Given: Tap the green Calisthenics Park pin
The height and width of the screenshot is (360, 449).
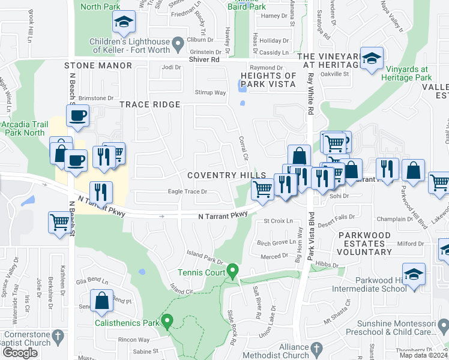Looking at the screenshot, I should (167, 322).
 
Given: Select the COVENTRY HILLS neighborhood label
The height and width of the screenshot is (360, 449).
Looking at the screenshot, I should (226, 175).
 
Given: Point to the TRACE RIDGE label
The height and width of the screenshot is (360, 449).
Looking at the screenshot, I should (149, 104).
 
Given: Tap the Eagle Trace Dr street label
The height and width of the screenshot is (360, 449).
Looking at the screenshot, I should (187, 192).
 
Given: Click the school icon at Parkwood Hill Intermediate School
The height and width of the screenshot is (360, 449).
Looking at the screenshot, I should (414, 275).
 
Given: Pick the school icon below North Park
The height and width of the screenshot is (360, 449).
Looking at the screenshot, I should (124, 22).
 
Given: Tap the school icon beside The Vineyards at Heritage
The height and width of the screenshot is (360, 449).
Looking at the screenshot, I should (372, 59).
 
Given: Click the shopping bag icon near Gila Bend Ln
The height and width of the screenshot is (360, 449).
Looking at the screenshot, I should (102, 301).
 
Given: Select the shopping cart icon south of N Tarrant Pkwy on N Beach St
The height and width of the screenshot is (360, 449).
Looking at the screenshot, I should (60, 223).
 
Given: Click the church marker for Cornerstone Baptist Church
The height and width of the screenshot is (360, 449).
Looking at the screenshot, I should (58, 335).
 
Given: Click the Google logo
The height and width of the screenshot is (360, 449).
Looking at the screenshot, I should (20, 352).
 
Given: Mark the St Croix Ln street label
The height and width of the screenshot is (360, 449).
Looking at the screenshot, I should (279, 221).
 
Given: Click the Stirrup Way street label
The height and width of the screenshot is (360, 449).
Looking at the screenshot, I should (210, 92).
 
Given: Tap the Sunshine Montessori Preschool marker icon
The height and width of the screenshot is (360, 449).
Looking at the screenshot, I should (442, 326).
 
